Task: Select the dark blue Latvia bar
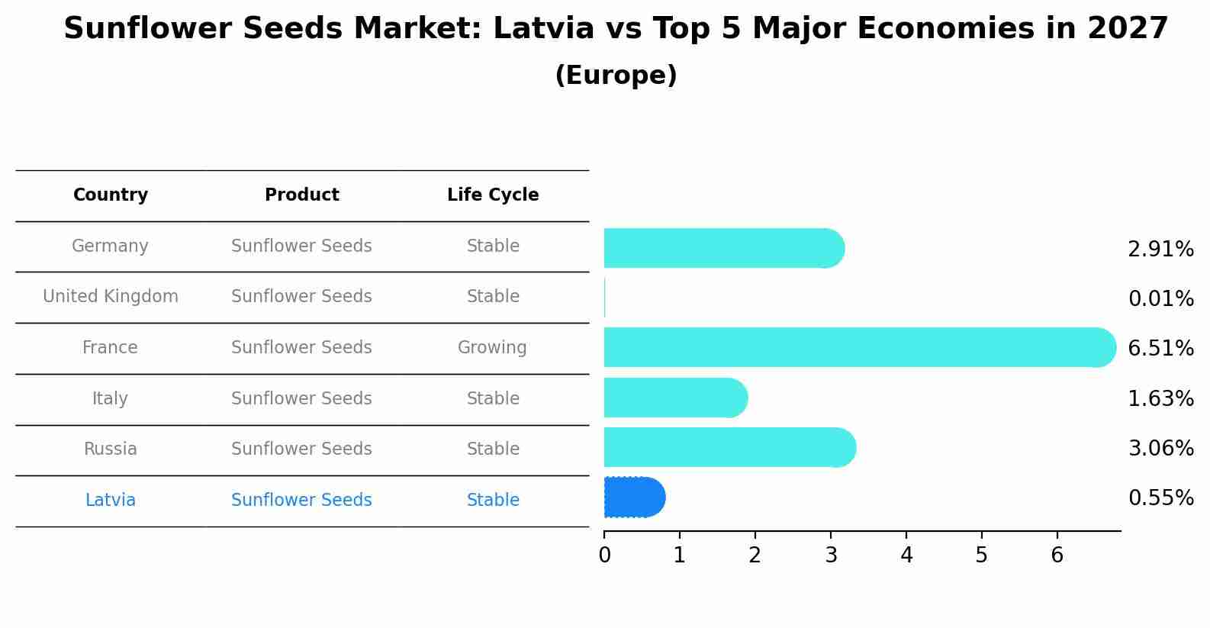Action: [x=634, y=498]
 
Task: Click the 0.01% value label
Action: [x=1160, y=298]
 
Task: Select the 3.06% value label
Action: [x=1160, y=448]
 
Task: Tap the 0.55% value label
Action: [x=1160, y=498]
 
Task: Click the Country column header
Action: [x=111, y=195]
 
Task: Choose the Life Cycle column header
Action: [x=493, y=195]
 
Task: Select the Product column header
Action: [x=302, y=195]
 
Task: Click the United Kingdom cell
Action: [x=111, y=297]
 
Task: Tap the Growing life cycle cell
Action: [x=492, y=348]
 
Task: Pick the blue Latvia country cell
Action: [x=111, y=501]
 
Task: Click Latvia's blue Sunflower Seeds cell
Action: [x=302, y=501]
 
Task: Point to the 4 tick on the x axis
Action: [x=906, y=555]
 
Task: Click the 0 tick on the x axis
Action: [x=604, y=555]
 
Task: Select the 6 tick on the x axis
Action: [x=1057, y=555]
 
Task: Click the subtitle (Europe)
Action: [x=616, y=76]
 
